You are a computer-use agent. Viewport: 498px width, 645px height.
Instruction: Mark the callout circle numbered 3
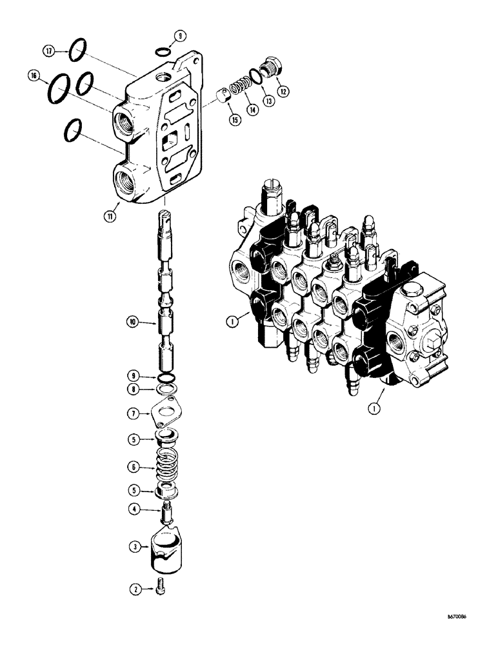coord(135,547)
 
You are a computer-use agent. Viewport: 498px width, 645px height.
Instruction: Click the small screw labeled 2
coord(160,589)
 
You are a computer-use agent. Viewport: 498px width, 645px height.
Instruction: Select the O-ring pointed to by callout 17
coord(77,48)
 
